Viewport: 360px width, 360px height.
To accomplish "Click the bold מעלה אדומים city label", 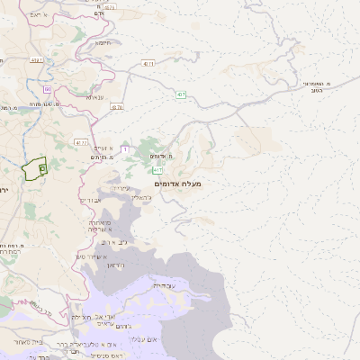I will pyautogui.click(x=178, y=184).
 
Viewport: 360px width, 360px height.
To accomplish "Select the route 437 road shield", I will pyautogui.click(x=182, y=94).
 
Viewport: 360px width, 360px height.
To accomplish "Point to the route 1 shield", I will pyautogui.click(x=125, y=148).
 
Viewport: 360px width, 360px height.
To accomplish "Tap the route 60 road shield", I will pyautogui.click(x=46, y=89).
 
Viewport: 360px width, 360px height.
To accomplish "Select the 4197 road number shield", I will pyautogui.click(x=36, y=60).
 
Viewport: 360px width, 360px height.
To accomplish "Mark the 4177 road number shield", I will pyautogui.click(x=82, y=142).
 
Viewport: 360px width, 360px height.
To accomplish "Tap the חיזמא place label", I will pyautogui.click(x=103, y=42).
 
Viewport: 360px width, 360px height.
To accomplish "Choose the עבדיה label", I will pyautogui.click(x=165, y=285).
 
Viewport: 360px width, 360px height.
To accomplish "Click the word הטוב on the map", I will pyautogui.click(x=316, y=90).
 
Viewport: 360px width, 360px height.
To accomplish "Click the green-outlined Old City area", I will pyautogui.click(x=35, y=168).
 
